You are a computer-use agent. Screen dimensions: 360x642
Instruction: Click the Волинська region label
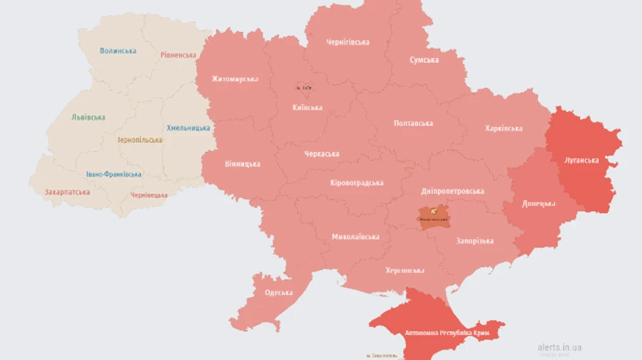pyautogui.click(x=118, y=51)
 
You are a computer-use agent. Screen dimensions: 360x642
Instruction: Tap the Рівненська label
pyautogui.click(x=178, y=55)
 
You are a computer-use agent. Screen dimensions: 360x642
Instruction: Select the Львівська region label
pyautogui.click(x=88, y=118)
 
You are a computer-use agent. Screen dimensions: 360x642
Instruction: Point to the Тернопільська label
pyautogui.click(x=140, y=140)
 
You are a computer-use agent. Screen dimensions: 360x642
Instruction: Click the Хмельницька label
pyautogui.click(x=188, y=128)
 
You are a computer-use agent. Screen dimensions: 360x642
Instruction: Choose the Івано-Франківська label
pyautogui.click(x=113, y=174)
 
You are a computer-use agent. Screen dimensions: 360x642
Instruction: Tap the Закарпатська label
pyautogui.click(x=66, y=192)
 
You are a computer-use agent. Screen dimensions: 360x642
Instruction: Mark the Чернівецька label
pyautogui.click(x=149, y=195)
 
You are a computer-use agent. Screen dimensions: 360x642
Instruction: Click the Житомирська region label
pyautogui.click(x=235, y=78)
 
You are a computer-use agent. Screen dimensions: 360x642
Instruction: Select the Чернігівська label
pyautogui.click(x=347, y=42)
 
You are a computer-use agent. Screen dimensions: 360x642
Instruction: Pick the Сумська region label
pyautogui.click(x=424, y=60)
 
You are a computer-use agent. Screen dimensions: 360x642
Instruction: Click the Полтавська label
pyautogui.click(x=413, y=123)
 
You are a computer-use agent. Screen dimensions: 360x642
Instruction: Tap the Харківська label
pyautogui.click(x=503, y=128)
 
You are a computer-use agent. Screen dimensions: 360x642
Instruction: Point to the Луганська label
pyautogui.click(x=581, y=160)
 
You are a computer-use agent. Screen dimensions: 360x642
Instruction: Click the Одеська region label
pyautogui.click(x=278, y=293)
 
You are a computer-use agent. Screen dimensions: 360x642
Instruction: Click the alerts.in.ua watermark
pyautogui.click(x=559, y=347)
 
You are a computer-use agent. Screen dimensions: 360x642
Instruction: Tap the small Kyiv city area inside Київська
pyautogui.click(x=305, y=87)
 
